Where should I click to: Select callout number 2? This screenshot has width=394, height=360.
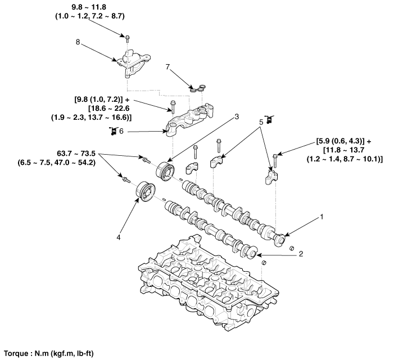pos(301,254)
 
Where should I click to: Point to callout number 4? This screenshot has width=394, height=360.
pos(119,237)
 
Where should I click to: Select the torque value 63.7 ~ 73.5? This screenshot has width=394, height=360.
pos(78,153)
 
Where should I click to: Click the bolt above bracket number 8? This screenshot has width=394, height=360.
pos(128,38)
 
